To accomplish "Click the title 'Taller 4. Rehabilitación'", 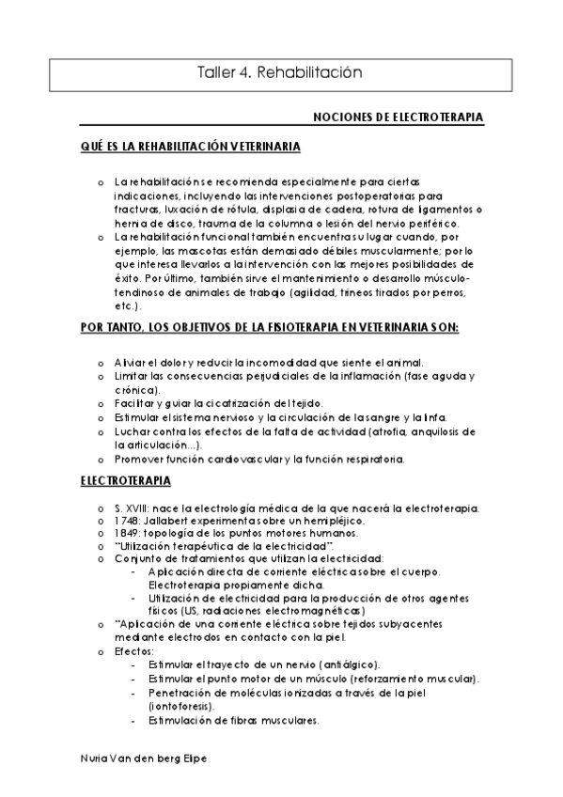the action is coord(281,71).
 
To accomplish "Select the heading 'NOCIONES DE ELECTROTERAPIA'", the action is coord(398,117).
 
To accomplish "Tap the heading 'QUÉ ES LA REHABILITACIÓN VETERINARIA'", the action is coord(191,148).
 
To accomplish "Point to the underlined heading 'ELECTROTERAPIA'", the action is coord(125,481).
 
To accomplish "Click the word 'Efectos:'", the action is coord(133,650).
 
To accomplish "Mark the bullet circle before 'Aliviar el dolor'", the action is coord(102,363).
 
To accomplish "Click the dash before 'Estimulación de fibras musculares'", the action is coord(136,721).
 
